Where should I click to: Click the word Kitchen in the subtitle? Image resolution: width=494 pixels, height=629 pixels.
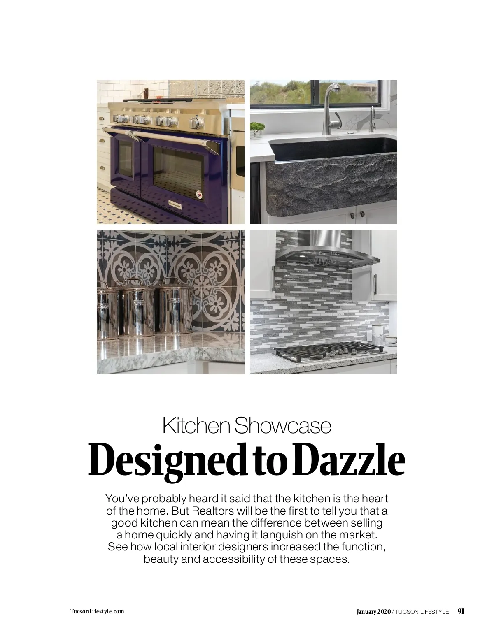pos(196,426)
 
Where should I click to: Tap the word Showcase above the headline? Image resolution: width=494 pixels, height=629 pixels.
pos(283,426)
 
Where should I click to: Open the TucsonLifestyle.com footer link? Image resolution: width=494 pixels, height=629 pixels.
pos(97,611)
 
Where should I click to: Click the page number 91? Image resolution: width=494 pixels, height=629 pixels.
pos(461,611)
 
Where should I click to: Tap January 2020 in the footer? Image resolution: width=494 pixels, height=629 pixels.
pos(373,611)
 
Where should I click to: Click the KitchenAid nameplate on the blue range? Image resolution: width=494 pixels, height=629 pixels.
pos(175,204)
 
